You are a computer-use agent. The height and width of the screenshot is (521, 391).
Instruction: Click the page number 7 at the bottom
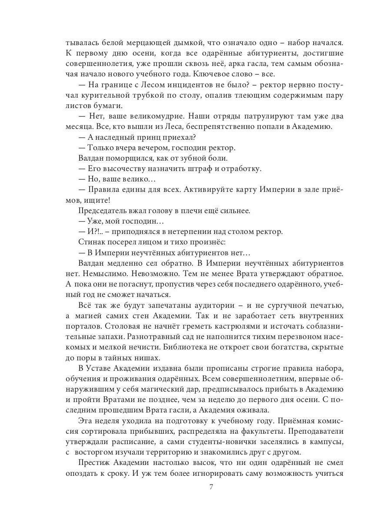pos(211,487)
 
